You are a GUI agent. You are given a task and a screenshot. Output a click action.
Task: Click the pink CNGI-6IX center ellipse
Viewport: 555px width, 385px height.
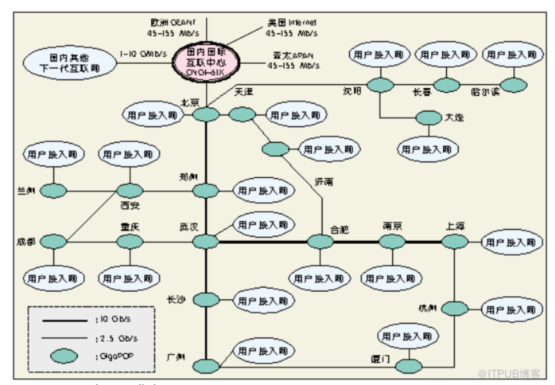pos(206,63)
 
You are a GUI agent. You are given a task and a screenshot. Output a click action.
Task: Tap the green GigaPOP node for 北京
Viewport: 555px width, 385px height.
pos(206,115)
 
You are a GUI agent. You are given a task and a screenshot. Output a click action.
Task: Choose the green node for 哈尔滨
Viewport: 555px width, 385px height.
pos(514,85)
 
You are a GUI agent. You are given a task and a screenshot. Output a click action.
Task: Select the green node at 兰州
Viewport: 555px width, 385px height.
pos(53,191)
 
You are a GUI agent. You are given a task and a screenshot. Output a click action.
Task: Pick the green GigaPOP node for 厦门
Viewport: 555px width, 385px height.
pos(409,366)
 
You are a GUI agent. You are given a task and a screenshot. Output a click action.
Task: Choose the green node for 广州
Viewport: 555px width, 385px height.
pos(206,365)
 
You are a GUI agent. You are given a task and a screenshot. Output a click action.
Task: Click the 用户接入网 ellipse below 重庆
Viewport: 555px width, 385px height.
pos(130,279)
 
